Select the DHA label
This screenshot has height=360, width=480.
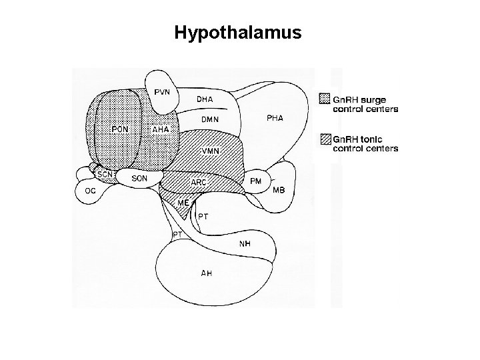(205, 99)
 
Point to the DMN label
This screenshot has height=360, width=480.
(211, 119)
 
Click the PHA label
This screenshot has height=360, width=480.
(275, 118)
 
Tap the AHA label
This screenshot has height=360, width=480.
(161, 129)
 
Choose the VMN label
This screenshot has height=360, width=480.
(210, 151)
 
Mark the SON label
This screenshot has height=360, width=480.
(139, 178)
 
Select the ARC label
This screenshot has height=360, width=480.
(199, 182)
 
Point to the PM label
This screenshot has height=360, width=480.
(255, 181)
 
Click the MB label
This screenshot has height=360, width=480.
(279, 190)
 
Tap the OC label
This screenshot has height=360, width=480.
(90, 191)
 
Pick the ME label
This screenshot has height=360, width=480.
(183, 201)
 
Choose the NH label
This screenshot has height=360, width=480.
(245, 243)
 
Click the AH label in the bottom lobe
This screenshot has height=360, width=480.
(207, 273)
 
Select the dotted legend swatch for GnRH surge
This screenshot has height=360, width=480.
(325, 99)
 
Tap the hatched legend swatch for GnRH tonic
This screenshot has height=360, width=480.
(325, 139)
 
